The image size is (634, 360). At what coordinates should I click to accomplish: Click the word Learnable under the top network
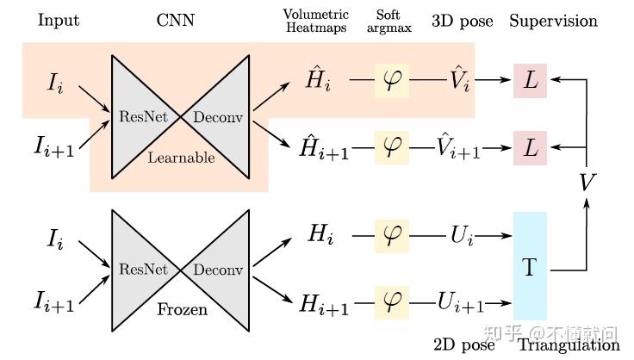(x=182, y=158)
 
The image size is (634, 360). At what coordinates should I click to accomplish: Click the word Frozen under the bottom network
(x=182, y=308)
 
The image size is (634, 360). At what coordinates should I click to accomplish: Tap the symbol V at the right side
(x=587, y=183)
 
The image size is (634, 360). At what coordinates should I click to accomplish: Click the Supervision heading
(x=553, y=19)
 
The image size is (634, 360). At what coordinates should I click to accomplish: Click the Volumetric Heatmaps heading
(x=314, y=21)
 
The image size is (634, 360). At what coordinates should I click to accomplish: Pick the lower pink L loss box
(x=530, y=146)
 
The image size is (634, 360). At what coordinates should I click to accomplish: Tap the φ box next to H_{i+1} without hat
(x=392, y=301)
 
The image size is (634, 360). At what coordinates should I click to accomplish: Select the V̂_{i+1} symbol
(x=456, y=146)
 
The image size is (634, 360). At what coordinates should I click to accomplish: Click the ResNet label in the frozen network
(x=144, y=270)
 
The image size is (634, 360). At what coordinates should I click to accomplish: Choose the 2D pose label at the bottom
(x=466, y=344)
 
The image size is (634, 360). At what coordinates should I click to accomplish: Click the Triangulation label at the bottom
(x=569, y=344)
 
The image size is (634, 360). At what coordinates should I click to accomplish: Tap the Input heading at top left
(x=58, y=19)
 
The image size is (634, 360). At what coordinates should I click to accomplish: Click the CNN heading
(x=176, y=19)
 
